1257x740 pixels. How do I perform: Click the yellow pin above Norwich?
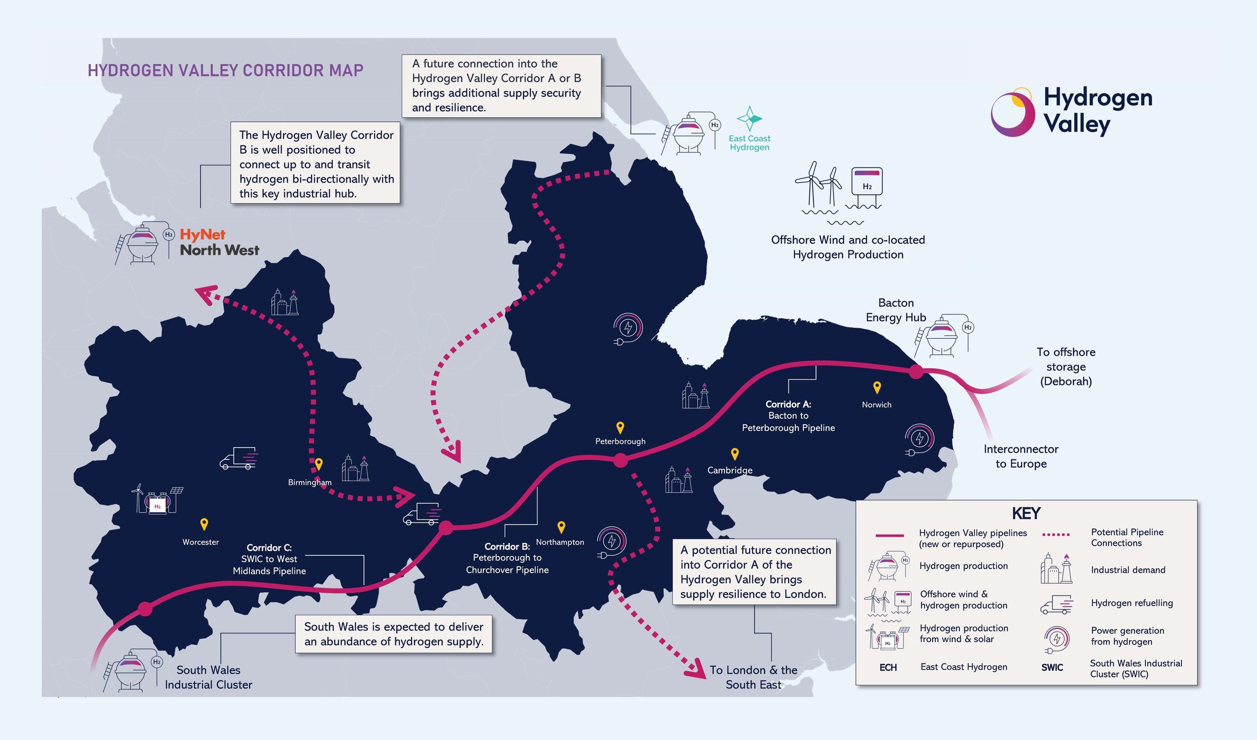coord(877,387)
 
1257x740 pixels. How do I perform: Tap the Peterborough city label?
coord(620,441)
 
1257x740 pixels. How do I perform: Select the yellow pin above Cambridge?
coord(735,454)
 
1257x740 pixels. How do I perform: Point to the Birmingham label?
coord(310,482)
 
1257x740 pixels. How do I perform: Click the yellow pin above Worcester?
coord(204,524)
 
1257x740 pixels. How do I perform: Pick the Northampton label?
coord(560,542)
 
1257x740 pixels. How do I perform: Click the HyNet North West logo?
coord(219,243)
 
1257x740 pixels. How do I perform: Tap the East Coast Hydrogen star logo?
coord(749,119)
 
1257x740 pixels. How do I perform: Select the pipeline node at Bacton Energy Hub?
coord(916,372)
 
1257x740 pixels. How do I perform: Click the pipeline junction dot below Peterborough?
coord(620,460)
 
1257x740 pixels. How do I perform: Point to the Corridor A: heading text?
coord(788,404)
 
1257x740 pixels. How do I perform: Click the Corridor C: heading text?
coord(269,547)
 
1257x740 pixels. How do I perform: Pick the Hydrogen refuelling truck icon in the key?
coord(1056,604)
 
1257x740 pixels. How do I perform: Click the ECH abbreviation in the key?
coord(888,668)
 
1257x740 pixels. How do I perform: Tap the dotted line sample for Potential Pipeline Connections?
coord(1056,534)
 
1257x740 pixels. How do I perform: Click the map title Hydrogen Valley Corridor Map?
coord(225,70)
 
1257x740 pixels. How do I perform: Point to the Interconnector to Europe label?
coord(1021,456)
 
